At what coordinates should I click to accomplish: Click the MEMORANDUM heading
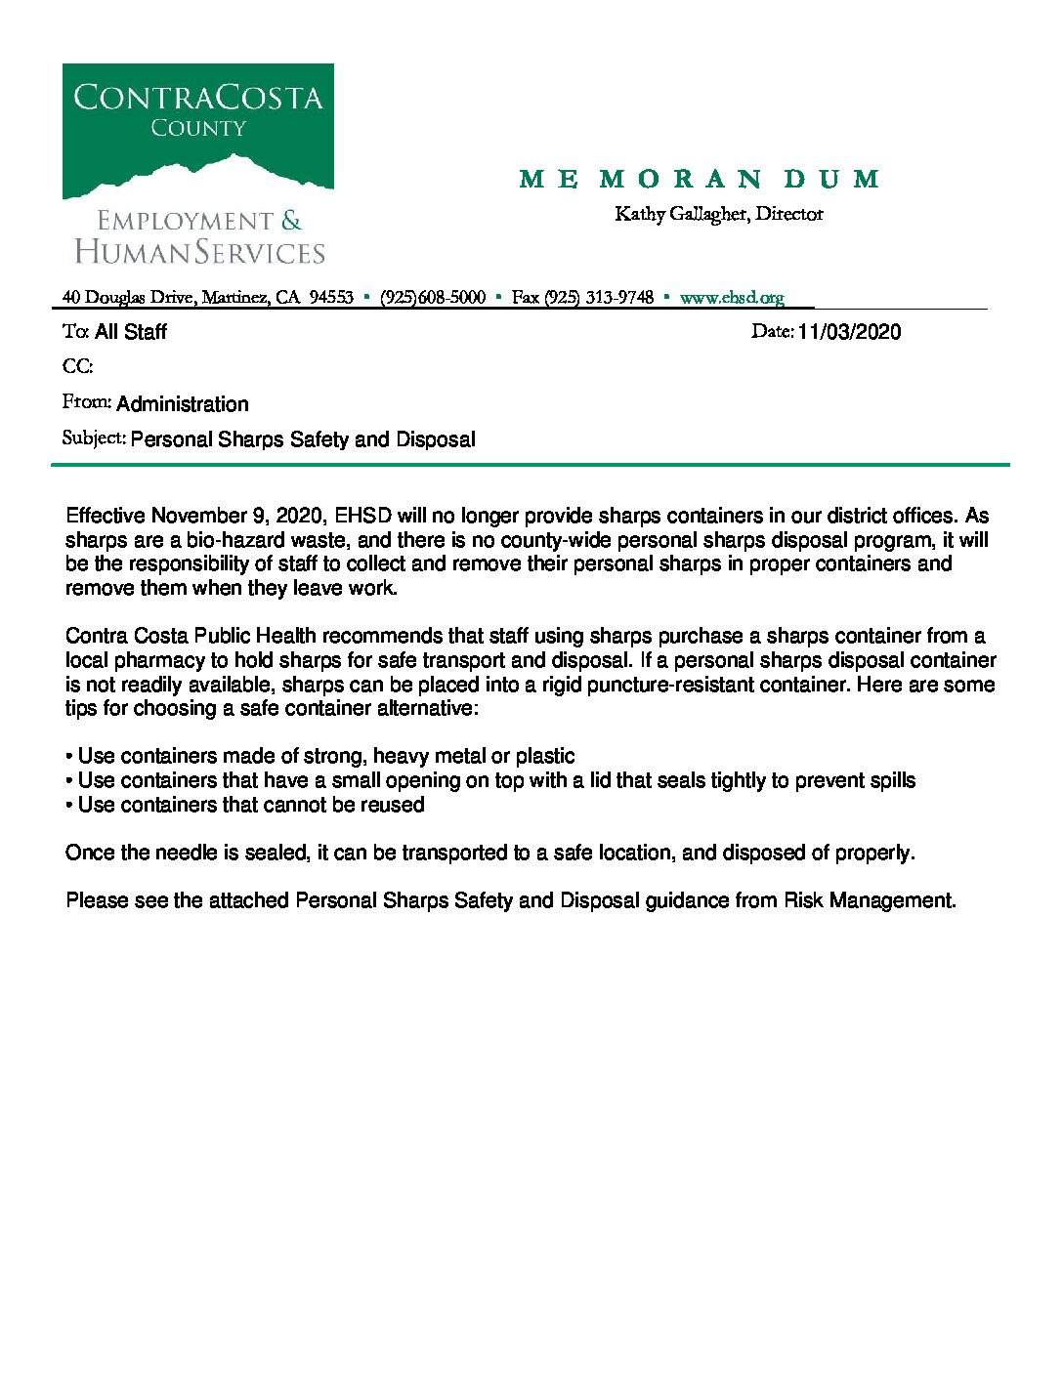point(700,179)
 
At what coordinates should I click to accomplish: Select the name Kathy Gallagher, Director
point(719,214)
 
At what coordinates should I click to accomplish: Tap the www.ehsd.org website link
point(732,298)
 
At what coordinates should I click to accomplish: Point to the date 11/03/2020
point(849,332)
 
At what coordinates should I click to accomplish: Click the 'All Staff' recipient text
point(131,332)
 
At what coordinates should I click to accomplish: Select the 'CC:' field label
point(78,367)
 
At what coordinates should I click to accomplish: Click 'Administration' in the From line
point(183,404)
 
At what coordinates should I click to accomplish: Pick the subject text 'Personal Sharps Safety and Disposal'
point(303,439)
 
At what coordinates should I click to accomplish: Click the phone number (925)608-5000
point(433,298)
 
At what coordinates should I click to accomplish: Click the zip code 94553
point(331,298)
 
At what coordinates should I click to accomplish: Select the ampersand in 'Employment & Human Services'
point(291,222)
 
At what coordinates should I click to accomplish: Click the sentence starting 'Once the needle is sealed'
point(489,853)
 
